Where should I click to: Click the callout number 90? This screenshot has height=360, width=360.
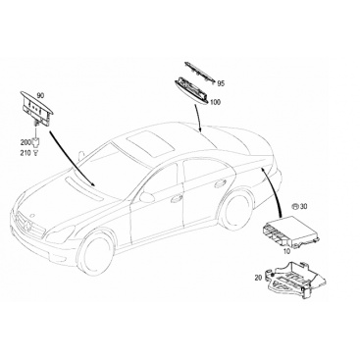tap(40, 96)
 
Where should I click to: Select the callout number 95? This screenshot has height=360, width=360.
tap(221, 84)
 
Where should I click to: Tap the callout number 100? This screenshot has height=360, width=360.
tap(215, 102)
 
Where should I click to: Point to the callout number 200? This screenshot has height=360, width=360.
tap(26, 142)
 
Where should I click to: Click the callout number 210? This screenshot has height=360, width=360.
tap(26, 153)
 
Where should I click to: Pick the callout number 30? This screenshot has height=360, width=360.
tap(304, 206)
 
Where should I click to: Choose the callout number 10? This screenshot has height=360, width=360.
tap(286, 251)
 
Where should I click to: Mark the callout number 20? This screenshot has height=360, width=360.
tap(258, 278)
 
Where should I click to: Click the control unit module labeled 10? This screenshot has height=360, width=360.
tap(289, 232)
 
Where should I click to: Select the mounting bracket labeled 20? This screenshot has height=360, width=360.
tap(296, 279)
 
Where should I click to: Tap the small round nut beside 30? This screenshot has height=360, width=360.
tap(295, 206)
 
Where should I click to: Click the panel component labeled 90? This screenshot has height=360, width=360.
tap(37, 107)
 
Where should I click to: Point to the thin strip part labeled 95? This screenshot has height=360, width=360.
tap(200, 72)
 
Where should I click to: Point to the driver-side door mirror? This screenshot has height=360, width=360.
tap(147, 197)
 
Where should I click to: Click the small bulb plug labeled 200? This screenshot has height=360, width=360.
tap(35, 142)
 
